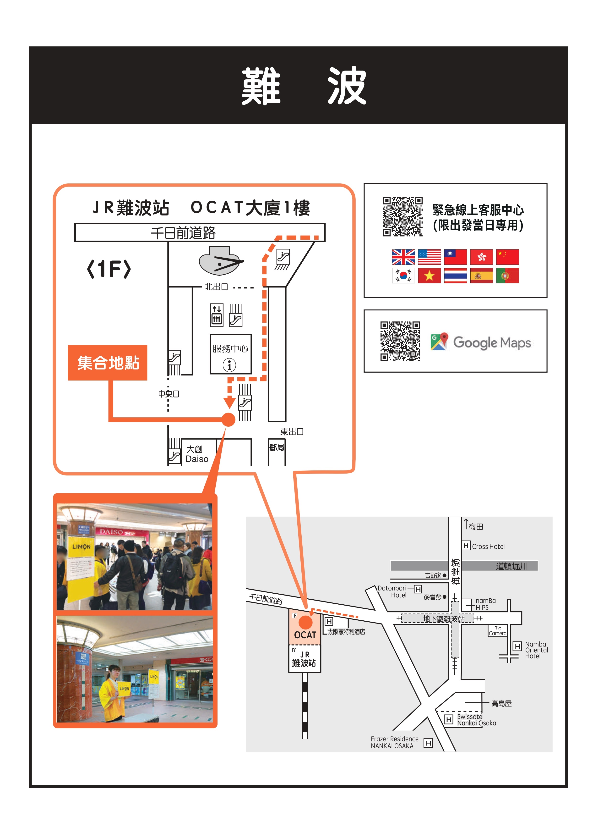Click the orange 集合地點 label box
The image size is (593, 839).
coord(108,363)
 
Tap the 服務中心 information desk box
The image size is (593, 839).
coord(230,354)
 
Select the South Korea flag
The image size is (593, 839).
coord(403,276)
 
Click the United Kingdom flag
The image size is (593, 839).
coord(403,257)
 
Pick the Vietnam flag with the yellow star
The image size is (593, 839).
coord(429,276)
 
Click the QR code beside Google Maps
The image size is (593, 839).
coord(400,341)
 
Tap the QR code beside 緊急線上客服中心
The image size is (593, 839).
coord(403,217)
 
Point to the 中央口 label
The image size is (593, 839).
coord(168,394)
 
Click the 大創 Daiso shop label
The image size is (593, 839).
coord(196,454)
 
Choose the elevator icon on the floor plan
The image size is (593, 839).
coord(217,315)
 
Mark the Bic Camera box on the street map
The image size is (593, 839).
coord(497,631)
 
